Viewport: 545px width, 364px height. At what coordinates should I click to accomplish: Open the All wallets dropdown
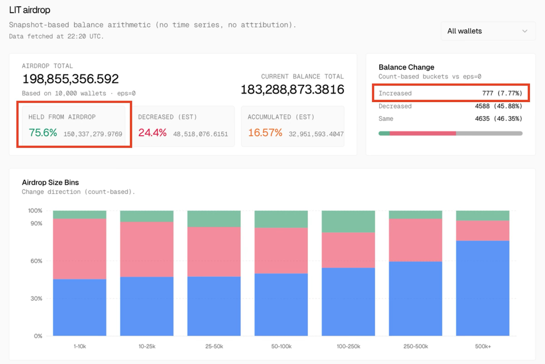tap(487, 31)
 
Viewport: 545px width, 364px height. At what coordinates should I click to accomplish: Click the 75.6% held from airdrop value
tap(43, 132)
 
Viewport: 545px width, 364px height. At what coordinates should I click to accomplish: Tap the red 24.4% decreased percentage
tap(152, 132)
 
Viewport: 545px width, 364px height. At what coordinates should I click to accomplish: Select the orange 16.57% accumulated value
tap(265, 132)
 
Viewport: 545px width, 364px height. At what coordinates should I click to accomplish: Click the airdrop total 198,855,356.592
tap(71, 79)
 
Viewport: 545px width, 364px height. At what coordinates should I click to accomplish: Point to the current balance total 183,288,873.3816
tap(292, 89)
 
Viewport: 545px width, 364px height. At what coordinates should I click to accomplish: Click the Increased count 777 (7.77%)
tap(502, 93)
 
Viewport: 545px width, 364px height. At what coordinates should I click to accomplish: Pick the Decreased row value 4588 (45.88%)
tap(498, 106)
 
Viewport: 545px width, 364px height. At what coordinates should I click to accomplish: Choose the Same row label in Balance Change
tap(386, 119)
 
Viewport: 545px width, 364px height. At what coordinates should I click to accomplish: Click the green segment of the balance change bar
tap(384, 133)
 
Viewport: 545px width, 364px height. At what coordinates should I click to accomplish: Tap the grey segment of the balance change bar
tap(489, 133)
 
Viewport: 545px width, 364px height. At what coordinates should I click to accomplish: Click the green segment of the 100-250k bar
tap(348, 221)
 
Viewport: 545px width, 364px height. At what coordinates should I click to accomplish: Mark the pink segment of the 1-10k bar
tap(79, 249)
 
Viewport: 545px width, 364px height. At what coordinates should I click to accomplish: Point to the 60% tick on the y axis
tap(36, 261)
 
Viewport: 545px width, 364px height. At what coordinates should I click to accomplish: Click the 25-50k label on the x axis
tap(214, 346)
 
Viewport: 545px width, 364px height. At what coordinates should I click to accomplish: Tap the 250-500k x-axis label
tap(416, 346)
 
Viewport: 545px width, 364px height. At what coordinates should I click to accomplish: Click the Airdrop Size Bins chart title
tap(50, 182)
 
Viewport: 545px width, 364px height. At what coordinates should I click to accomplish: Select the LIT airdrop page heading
tap(30, 10)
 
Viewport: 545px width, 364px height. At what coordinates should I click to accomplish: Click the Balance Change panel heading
tap(406, 67)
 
